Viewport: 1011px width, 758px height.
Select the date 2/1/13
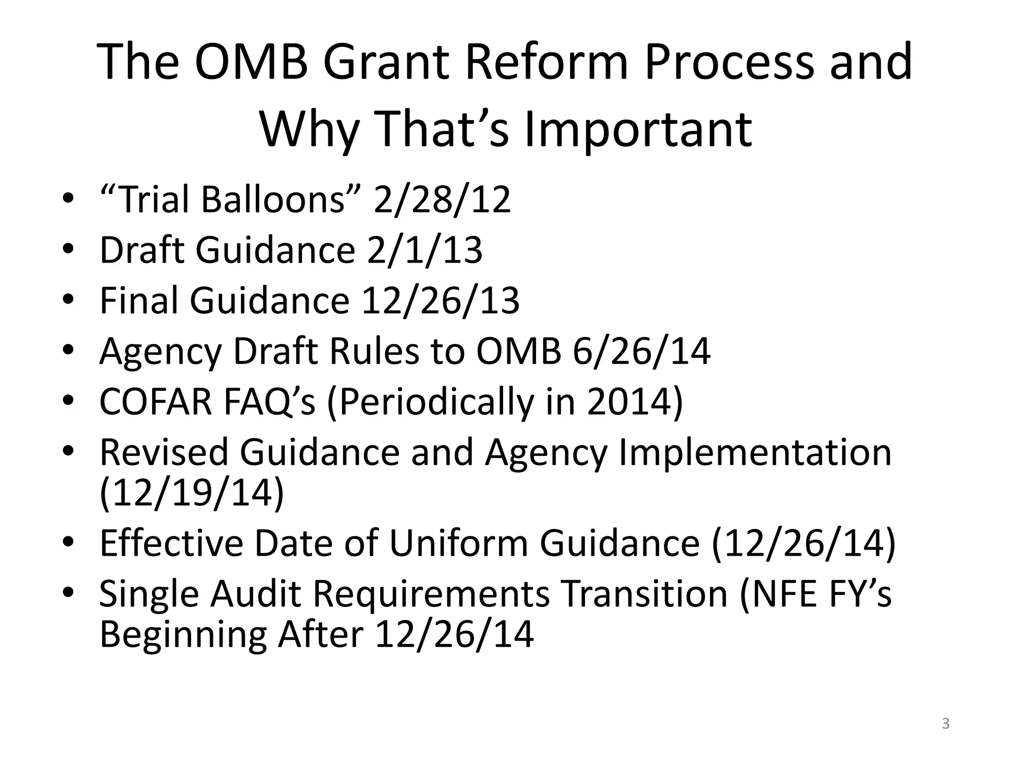[425, 250]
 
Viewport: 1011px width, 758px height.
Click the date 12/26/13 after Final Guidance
[440, 301]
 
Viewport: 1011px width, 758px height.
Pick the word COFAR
[156, 402]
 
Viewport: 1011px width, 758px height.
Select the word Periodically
[430, 402]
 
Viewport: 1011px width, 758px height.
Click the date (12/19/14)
[192, 493]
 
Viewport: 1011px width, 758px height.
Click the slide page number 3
[945, 724]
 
